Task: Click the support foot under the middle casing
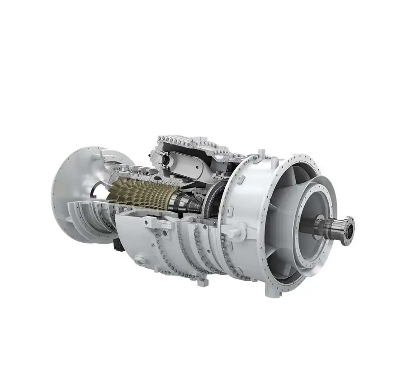(201, 281)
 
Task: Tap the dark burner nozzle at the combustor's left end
(165, 159)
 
